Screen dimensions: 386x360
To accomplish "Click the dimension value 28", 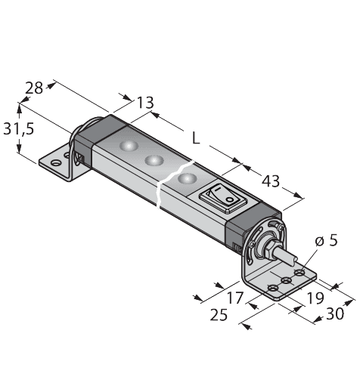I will (x=34, y=88).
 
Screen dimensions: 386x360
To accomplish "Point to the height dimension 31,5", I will (x=18, y=129).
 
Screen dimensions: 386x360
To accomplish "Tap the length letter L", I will (x=196, y=138).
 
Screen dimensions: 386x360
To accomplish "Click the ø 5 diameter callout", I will (x=327, y=241).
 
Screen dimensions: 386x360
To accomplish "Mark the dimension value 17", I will (x=236, y=298).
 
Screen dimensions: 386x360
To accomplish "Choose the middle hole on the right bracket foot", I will (x=287, y=281).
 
